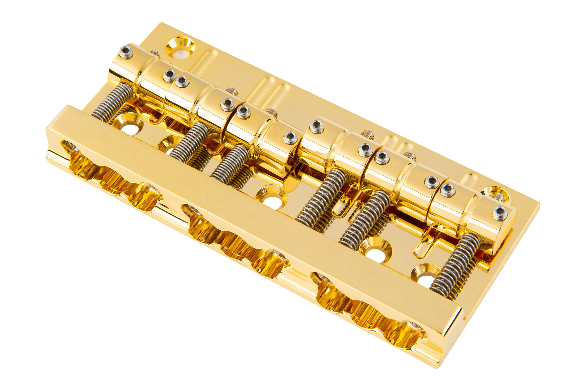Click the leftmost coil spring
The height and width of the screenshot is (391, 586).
coord(111,102)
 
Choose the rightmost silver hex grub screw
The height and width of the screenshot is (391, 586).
coord(500,213)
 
